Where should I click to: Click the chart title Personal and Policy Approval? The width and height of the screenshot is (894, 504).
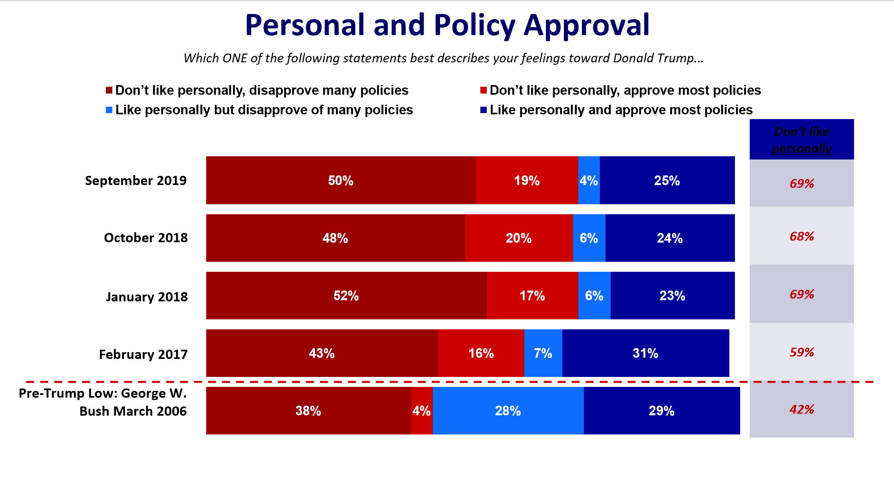(x=447, y=25)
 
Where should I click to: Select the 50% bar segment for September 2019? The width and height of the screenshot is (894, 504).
(x=340, y=180)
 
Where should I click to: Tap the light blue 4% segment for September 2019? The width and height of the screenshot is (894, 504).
(x=589, y=180)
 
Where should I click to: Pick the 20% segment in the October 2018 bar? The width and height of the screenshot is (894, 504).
(x=519, y=238)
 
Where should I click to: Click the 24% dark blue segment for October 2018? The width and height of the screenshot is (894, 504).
(x=670, y=238)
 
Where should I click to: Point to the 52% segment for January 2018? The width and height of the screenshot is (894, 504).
(x=346, y=296)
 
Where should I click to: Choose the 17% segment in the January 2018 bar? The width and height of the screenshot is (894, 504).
(x=532, y=296)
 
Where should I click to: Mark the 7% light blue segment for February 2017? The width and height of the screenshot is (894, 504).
(x=543, y=353)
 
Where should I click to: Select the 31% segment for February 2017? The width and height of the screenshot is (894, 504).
(x=645, y=353)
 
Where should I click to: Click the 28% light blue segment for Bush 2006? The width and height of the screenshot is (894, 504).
(x=508, y=411)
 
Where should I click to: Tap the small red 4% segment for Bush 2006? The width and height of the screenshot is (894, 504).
(x=422, y=411)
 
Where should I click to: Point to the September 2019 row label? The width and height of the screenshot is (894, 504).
(x=136, y=181)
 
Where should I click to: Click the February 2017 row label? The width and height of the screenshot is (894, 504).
(x=143, y=355)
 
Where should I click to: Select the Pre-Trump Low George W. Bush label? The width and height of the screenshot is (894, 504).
(x=103, y=402)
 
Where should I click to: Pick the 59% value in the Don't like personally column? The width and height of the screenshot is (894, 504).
(x=802, y=352)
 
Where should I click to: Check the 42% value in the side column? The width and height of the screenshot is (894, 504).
(x=802, y=410)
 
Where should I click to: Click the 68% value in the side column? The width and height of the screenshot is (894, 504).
(x=802, y=236)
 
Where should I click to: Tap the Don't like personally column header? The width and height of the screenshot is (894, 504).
(x=802, y=139)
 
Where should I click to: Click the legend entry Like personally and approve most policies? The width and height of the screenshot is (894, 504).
(x=621, y=110)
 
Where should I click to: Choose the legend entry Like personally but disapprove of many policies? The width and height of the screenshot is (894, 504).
(x=264, y=110)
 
